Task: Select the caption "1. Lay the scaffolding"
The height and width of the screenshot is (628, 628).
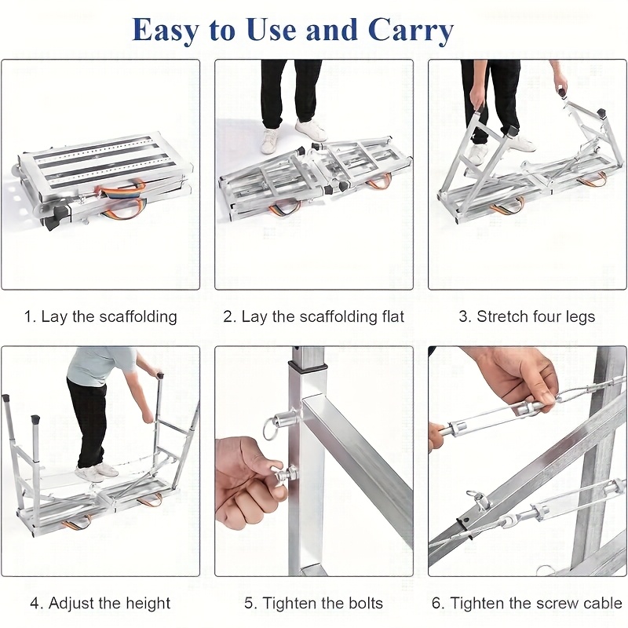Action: [100, 316]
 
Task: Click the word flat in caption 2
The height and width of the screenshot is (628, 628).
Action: [391, 316]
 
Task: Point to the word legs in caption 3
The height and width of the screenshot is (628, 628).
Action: [580, 317]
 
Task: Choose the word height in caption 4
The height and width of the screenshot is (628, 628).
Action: [148, 603]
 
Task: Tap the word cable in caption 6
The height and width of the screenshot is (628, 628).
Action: [602, 603]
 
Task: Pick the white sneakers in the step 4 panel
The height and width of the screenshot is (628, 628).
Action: [95, 472]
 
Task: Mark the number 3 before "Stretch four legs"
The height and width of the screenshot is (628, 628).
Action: [465, 316]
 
